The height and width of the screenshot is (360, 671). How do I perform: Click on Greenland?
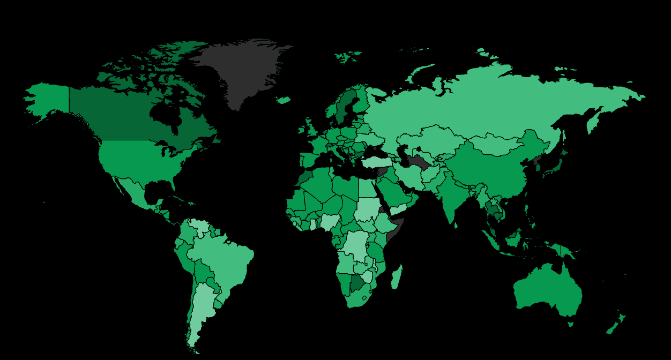tap(241, 70)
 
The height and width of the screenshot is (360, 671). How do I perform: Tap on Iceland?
tap(284, 100)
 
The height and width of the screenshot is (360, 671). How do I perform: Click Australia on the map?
tap(547, 289)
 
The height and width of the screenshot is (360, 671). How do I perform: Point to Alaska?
tap(48, 99)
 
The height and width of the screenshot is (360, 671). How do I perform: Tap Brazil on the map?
tap(225, 262)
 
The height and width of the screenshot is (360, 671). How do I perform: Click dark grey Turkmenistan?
tap(418, 161)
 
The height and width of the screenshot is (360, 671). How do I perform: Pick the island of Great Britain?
tap(310, 131)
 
